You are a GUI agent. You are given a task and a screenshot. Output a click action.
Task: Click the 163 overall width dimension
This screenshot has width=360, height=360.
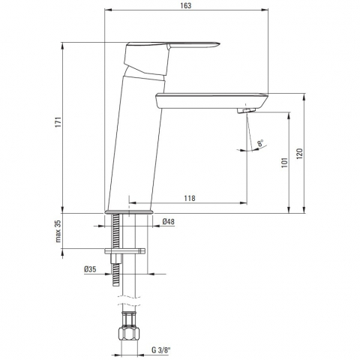(x=186, y=5)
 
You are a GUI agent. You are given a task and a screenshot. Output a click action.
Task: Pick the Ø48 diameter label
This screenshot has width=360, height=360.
(x=169, y=221)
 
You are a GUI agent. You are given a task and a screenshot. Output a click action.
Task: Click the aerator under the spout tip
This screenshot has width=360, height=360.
(x=246, y=112)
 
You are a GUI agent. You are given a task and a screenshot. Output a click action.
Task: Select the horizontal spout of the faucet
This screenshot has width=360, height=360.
(x=210, y=98)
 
